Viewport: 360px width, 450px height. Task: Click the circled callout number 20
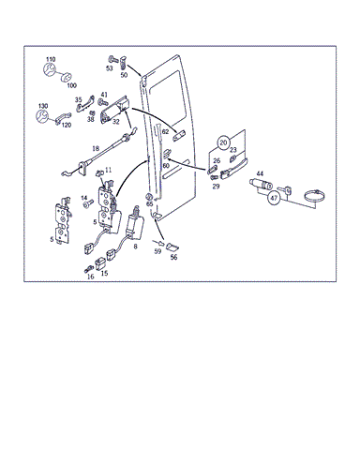pos(223,142)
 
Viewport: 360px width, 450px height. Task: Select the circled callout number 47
pos(274,198)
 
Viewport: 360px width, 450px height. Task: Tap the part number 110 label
pos(51,59)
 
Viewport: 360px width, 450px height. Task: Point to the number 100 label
pos(71,85)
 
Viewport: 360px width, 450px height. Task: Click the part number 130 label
pos(43,106)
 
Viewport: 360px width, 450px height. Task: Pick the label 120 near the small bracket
pos(67,125)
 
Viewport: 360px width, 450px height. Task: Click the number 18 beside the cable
pos(96,148)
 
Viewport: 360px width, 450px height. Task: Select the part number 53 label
pos(109,68)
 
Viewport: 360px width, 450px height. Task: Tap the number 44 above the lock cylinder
pos(260,173)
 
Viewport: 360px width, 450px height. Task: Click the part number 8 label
pos(135,247)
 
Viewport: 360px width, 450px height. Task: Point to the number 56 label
pos(173,257)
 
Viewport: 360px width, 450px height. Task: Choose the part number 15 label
pos(104,273)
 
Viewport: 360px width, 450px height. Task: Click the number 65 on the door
pos(150,204)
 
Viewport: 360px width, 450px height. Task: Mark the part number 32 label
pos(116,122)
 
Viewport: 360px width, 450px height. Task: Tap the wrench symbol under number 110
pos(49,69)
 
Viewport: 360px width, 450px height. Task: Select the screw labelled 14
pos(88,203)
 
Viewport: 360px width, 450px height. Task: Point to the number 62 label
pos(165,132)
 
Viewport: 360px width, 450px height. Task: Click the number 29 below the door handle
pos(216,187)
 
